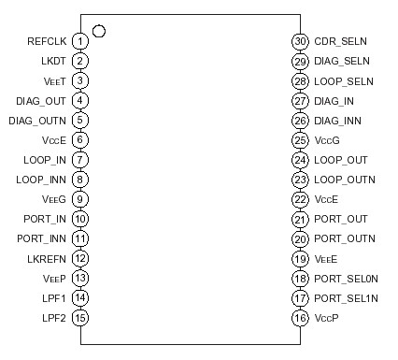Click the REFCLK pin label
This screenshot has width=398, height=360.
[x=47, y=41]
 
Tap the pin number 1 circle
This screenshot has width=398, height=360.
[x=81, y=41]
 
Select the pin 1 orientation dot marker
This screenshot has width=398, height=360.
[x=99, y=31]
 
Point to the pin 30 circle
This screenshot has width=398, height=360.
[x=300, y=41]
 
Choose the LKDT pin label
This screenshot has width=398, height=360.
[x=53, y=61]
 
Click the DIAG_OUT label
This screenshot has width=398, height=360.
[x=42, y=100]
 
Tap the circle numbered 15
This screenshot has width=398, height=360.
[x=81, y=317]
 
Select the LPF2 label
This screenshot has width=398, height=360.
[x=54, y=317]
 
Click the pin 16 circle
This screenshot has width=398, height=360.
[x=300, y=317]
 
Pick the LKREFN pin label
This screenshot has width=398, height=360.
[x=47, y=258]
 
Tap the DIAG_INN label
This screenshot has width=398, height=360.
[x=337, y=120]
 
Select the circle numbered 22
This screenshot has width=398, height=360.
[x=300, y=198]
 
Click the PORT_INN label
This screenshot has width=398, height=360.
[x=42, y=238]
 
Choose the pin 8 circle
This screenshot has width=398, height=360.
[x=81, y=179]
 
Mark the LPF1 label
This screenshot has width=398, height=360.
[x=54, y=297]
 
